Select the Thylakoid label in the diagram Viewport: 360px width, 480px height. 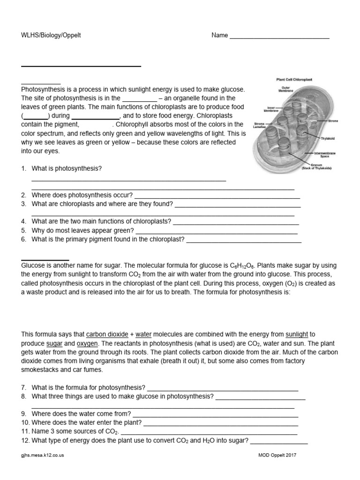pyautogui.click(x=328, y=139)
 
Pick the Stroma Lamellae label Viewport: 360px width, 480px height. pyautogui.click(x=260, y=125)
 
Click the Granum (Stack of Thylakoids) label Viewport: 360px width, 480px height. pyautogui.click(x=317, y=166)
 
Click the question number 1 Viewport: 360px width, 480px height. pyautogui.click(x=23, y=168)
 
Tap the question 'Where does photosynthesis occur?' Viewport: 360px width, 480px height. pyautogui.click(x=82, y=195)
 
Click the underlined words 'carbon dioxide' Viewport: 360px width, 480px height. pyautogui.click(x=107, y=335)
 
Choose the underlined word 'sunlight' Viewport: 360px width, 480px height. pyautogui.click(x=297, y=335)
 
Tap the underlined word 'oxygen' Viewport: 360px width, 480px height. pyautogui.click(x=85, y=344)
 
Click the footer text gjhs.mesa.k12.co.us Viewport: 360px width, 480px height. pyautogui.click(x=43, y=455)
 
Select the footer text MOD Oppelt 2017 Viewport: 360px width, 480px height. pyautogui.click(x=277, y=455)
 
